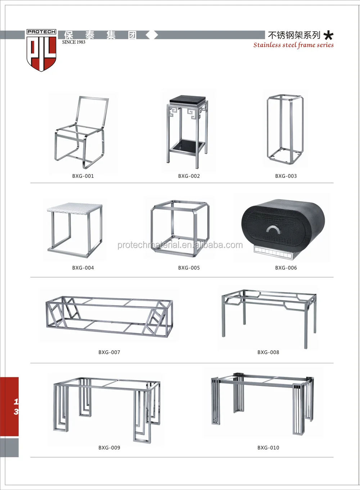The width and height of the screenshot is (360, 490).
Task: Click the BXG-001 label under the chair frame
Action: point(83,176)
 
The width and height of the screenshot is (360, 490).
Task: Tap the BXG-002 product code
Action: point(189,176)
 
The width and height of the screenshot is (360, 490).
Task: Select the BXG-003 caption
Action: point(286,176)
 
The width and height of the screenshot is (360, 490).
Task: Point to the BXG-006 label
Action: point(286,268)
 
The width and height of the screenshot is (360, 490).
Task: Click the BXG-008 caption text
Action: point(268,352)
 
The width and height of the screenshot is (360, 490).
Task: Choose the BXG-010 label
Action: point(268,448)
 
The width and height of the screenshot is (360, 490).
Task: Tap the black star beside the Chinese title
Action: point(328,35)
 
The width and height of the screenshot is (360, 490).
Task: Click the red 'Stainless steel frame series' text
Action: point(293,45)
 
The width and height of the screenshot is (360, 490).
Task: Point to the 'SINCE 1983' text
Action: point(73,42)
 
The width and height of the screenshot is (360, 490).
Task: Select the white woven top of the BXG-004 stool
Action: point(75,208)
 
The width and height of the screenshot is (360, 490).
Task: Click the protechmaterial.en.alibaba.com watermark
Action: point(180,245)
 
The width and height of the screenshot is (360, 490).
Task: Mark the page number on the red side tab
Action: point(16,406)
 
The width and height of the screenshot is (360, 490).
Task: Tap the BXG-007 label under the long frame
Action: point(109,352)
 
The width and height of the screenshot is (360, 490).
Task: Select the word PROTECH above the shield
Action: point(41,32)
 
